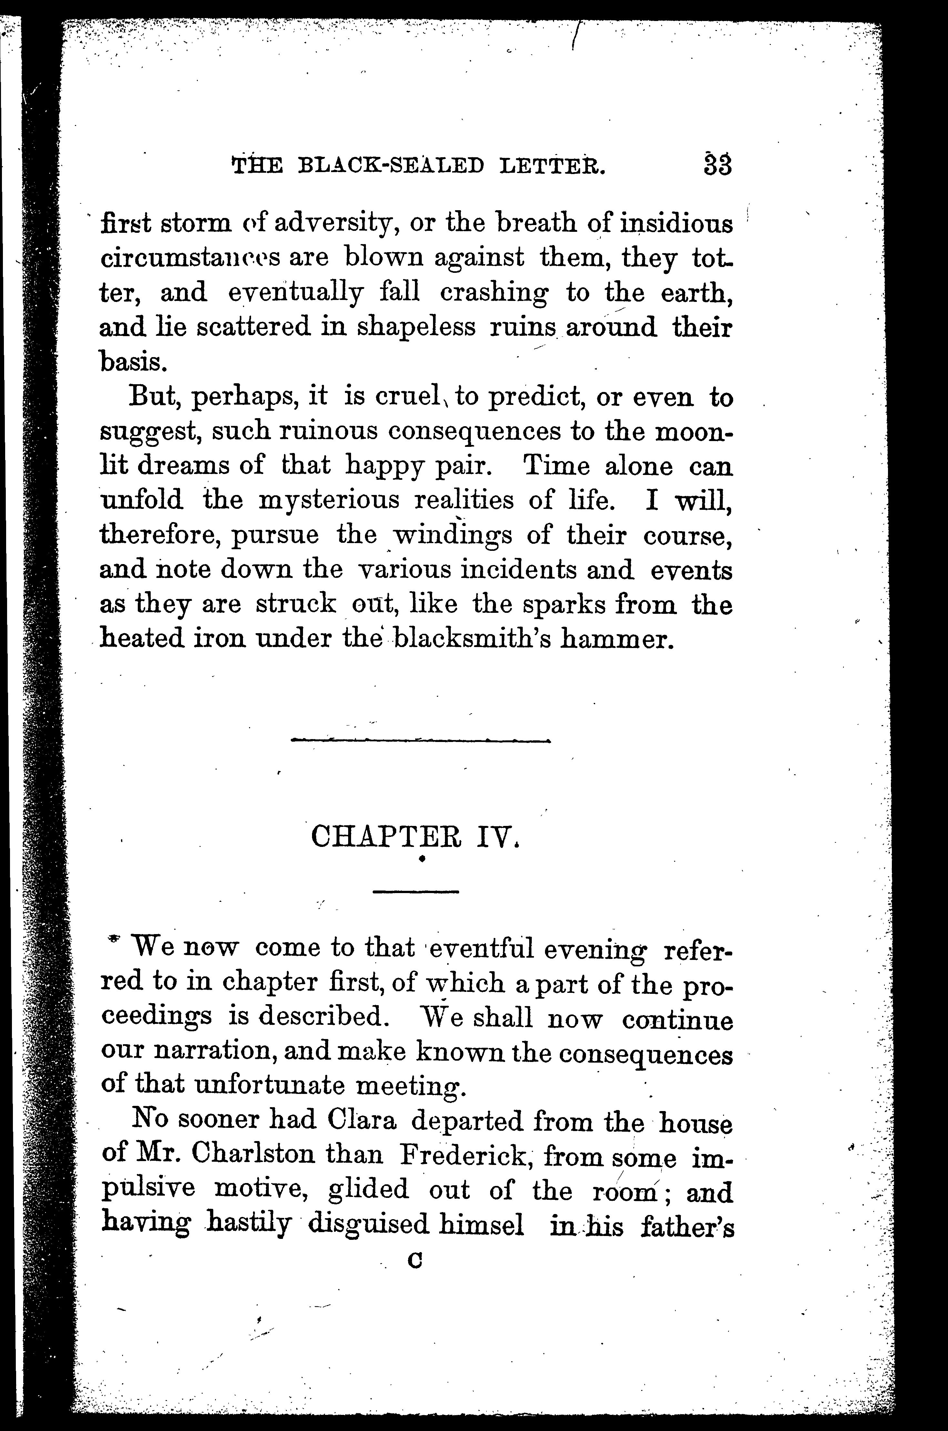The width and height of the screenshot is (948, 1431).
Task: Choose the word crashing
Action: point(495,293)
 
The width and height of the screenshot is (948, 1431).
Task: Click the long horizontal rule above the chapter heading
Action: point(420,740)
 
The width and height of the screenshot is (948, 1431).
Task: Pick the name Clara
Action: point(361,1121)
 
